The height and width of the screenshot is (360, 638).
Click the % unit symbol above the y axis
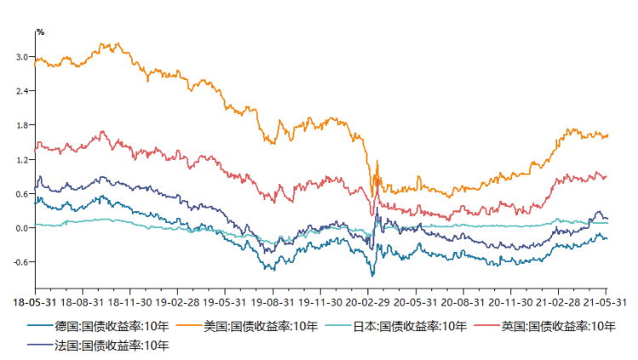39,32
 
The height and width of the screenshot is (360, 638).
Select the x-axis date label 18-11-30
129,301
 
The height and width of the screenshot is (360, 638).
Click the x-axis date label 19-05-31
225,301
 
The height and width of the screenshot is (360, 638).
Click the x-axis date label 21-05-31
605,301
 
